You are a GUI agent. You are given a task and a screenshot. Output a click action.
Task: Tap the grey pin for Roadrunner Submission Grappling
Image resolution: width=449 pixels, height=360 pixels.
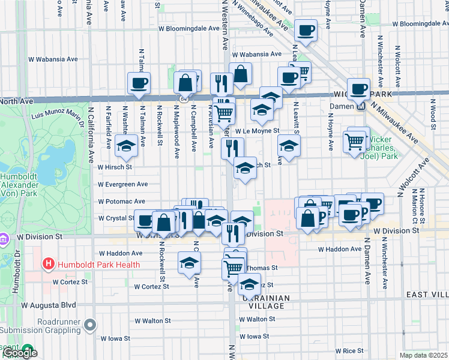(x=90, y=325)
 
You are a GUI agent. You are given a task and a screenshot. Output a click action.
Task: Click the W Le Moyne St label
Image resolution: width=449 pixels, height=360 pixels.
(x=258, y=130)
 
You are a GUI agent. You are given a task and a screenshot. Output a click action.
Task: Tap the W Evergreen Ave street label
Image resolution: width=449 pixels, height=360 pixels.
(x=123, y=184)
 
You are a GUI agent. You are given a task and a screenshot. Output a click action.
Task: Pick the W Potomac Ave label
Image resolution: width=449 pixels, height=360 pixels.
(x=122, y=201)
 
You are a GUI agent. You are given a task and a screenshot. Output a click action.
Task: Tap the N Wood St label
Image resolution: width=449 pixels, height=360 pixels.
(x=433, y=114)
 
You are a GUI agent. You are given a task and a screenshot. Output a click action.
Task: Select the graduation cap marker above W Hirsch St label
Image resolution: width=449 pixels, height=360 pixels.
(x=126, y=145)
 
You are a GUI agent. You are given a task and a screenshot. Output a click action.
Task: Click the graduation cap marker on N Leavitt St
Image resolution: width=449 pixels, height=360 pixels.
(x=289, y=145)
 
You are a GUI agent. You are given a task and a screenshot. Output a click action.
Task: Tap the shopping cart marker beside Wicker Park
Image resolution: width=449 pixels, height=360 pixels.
(x=355, y=142)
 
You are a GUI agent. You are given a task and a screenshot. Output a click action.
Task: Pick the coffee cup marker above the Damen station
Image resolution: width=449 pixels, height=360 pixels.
(x=358, y=89)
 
